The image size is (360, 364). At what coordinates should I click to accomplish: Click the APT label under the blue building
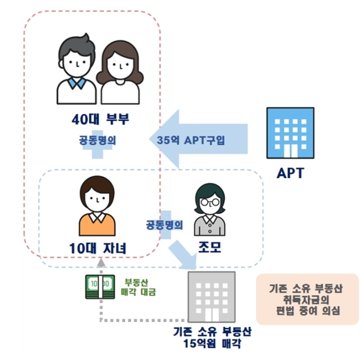290,173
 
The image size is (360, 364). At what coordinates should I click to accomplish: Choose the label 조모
210,247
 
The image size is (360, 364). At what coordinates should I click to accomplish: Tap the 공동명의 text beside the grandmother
164,225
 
